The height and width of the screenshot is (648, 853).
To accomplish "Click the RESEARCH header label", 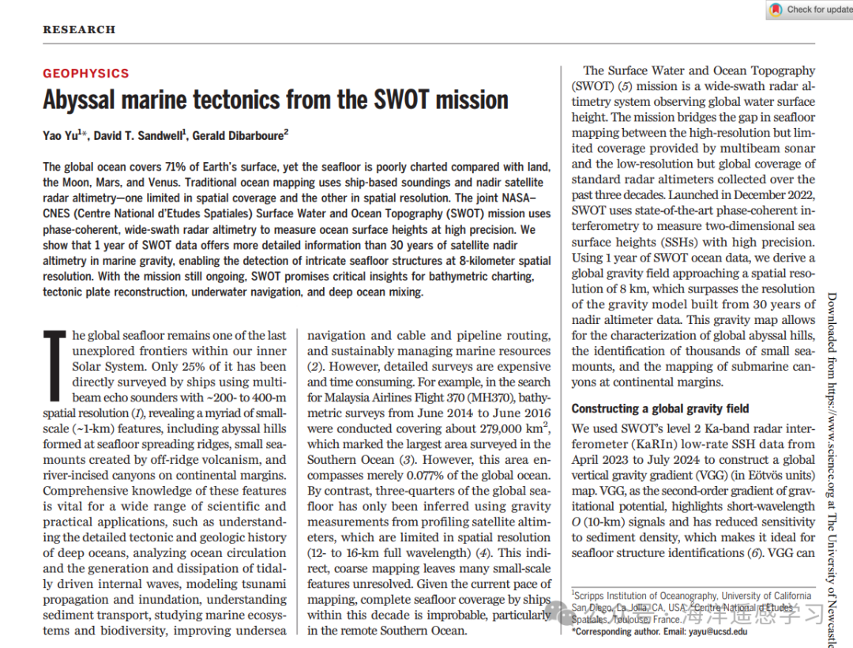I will pos(79,30).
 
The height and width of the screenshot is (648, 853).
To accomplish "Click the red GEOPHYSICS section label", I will pos(85,73).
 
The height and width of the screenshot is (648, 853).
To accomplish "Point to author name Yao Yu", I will pos(62,136).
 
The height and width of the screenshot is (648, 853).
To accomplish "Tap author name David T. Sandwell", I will pos(139,136).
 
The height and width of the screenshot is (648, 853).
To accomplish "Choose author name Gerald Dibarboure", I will pos(238,136).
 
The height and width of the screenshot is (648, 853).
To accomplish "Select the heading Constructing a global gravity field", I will pos(660,409).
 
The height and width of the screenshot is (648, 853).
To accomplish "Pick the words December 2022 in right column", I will pos(769,195).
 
